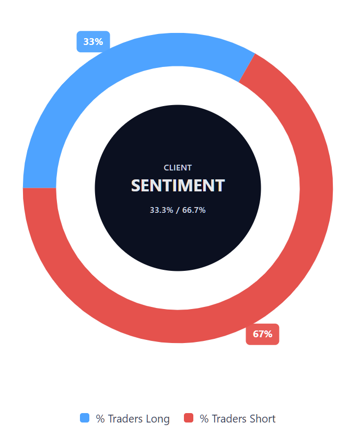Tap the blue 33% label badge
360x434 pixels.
click(93, 42)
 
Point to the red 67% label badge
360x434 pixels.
click(262, 334)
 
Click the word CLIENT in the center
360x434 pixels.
click(178, 168)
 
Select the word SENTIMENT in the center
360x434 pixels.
click(178, 186)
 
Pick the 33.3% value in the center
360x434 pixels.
click(160, 210)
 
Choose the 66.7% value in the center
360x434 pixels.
click(194, 210)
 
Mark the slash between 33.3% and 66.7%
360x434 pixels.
click(177, 210)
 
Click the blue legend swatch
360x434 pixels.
click(85, 418)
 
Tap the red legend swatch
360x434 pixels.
click(189, 418)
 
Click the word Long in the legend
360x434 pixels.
click(158, 419)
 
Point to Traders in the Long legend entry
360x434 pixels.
click(125, 419)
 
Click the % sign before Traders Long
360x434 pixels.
click(100, 419)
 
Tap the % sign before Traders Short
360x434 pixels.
click(204, 419)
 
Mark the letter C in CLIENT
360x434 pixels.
click(166, 168)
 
